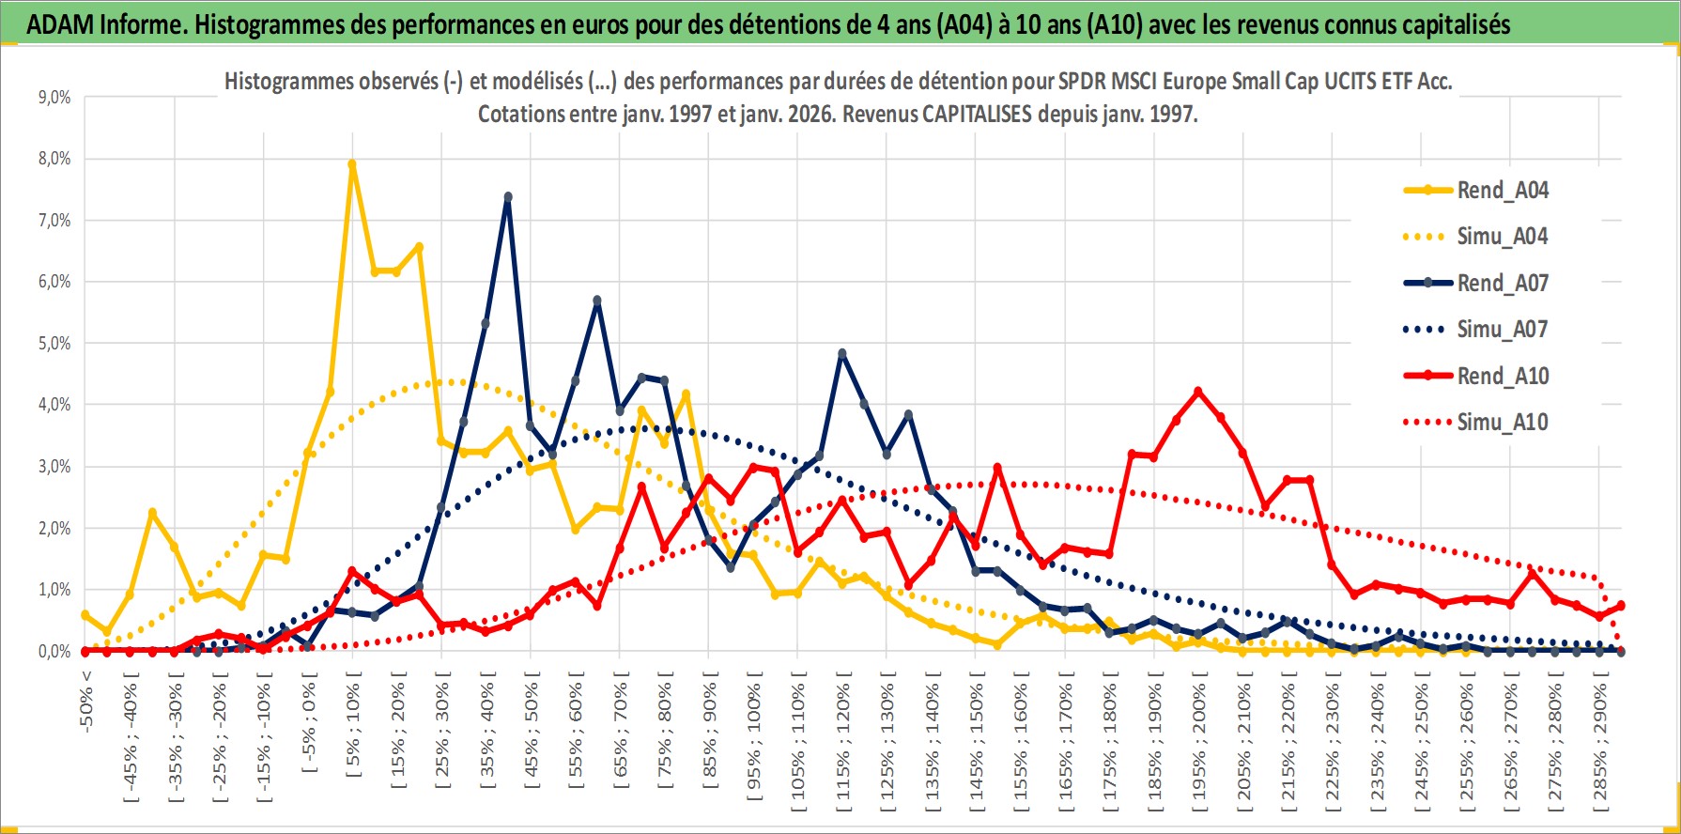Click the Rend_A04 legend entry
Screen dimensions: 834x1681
tap(1502, 190)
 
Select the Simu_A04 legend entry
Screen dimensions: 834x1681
tap(1502, 236)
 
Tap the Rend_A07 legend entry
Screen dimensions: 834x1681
tap(1502, 283)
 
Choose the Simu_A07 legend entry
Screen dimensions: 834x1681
tap(1502, 329)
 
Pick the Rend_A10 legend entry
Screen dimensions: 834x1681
tap(1502, 376)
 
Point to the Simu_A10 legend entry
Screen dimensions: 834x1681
tap(1502, 422)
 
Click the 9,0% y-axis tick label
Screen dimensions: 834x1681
tap(54, 98)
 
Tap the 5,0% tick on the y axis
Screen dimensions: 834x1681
tap(54, 344)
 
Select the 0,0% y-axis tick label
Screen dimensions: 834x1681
tap(54, 651)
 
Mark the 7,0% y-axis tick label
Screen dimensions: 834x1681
tap(54, 221)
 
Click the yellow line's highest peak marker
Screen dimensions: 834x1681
tap(352, 164)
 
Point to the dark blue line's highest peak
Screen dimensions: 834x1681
tap(508, 197)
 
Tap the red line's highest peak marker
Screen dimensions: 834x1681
tap(1197, 392)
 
